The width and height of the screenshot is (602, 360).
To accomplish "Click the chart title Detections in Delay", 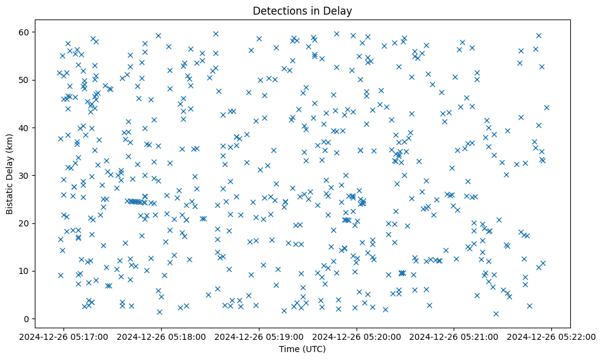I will coord(302,10).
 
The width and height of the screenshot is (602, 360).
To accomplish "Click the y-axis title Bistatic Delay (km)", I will coord(10,167).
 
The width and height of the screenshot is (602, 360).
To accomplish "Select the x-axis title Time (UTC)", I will coord(302,349).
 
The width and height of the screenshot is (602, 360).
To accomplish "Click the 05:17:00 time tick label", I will coord(63,336).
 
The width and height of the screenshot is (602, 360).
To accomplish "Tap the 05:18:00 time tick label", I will coord(161,336).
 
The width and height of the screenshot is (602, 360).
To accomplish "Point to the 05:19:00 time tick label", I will coord(259,336).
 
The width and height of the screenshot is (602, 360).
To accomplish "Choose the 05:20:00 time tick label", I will coord(357,336).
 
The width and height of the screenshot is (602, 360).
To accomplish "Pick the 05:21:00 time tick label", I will coord(454,336).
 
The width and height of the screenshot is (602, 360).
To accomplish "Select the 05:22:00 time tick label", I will coord(552,336).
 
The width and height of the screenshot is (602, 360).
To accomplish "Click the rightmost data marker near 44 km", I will coord(546,107).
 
